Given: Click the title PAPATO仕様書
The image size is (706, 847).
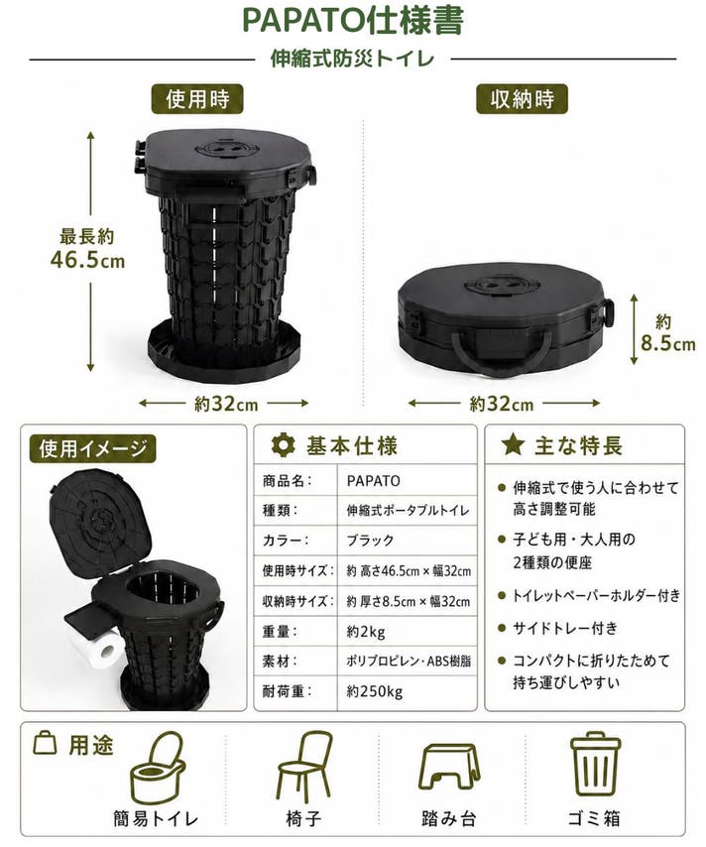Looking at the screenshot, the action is point(352,21).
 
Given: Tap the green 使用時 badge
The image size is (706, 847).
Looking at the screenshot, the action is point(197,99).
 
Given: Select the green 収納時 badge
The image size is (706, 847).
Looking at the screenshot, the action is point(522,99).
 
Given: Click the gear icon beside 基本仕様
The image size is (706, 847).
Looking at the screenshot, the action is point(283,445).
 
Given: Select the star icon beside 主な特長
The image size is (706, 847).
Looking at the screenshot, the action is point(513,444).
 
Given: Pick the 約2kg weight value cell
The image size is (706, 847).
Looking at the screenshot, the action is point(408,632).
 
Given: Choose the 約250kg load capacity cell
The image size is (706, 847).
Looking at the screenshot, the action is point(408,691).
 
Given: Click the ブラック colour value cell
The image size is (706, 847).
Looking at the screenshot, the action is point(408,541).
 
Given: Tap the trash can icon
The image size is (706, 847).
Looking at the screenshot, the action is point(595,764).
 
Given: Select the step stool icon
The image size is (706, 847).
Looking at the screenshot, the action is point(449,768).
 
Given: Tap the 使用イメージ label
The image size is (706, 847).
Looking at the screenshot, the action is point(92,448).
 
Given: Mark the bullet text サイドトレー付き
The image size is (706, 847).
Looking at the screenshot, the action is point(565,628).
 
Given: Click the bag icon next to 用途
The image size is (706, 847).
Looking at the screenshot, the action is point(45,743).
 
